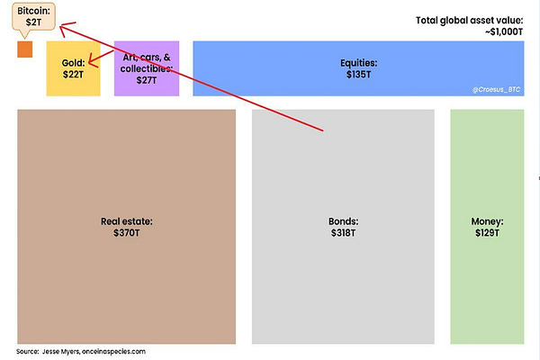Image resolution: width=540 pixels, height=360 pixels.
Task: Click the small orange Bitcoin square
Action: point(24,49)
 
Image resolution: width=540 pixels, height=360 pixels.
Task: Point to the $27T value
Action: point(146,80)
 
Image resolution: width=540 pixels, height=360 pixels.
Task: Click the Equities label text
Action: point(358,62)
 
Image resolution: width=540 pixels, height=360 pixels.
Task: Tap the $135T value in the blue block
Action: point(358,73)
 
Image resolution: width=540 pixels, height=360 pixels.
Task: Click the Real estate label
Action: point(127,220)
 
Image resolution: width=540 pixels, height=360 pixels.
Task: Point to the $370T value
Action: point(127,232)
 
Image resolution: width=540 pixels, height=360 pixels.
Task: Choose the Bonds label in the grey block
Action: point(343,220)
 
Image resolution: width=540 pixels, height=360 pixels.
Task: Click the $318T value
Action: point(343,232)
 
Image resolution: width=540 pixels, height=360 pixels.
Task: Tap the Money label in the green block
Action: point(487,220)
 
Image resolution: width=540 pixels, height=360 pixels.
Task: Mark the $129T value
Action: point(487,232)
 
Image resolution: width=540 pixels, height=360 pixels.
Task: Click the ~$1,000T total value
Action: point(499,31)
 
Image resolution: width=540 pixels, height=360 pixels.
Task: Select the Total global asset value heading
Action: point(470,19)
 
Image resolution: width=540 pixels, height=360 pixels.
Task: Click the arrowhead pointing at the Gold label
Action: point(90,64)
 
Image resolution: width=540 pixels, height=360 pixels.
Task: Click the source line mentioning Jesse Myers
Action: point(81,351)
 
